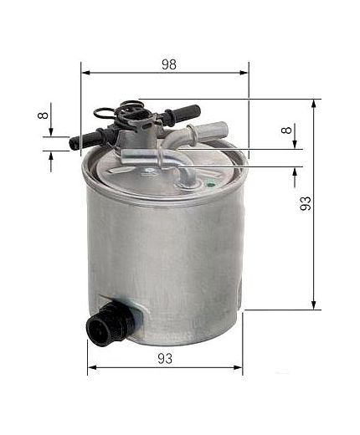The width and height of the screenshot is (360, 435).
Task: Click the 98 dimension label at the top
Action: (x=169, y=64)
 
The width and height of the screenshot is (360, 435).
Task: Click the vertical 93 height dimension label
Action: (x=306, y=203)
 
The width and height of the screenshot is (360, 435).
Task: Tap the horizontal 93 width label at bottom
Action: (x=165, y=359)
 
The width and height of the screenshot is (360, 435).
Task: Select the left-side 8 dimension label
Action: (x=44, y=115)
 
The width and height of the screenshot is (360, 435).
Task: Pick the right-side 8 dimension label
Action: (x=286, y=130)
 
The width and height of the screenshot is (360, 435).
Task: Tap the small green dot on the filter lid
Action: (x=210, y=184)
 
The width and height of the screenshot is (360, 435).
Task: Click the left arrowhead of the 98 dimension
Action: (x=85, y=73)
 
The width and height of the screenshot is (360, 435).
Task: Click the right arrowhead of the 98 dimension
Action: (x=244, y=73)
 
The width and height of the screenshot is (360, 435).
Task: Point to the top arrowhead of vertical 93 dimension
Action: (x=314, y=103)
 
